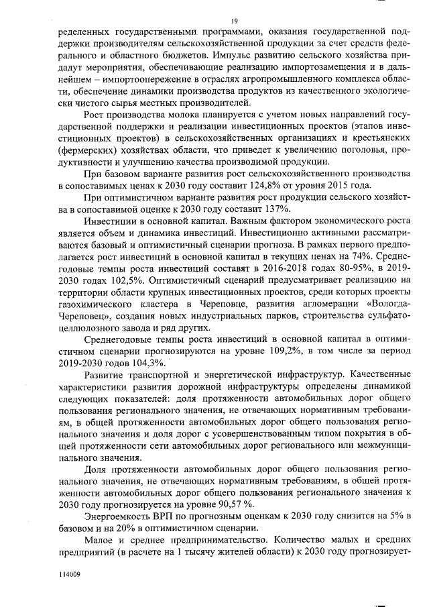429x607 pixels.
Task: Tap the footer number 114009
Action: (x=69, y=575)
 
